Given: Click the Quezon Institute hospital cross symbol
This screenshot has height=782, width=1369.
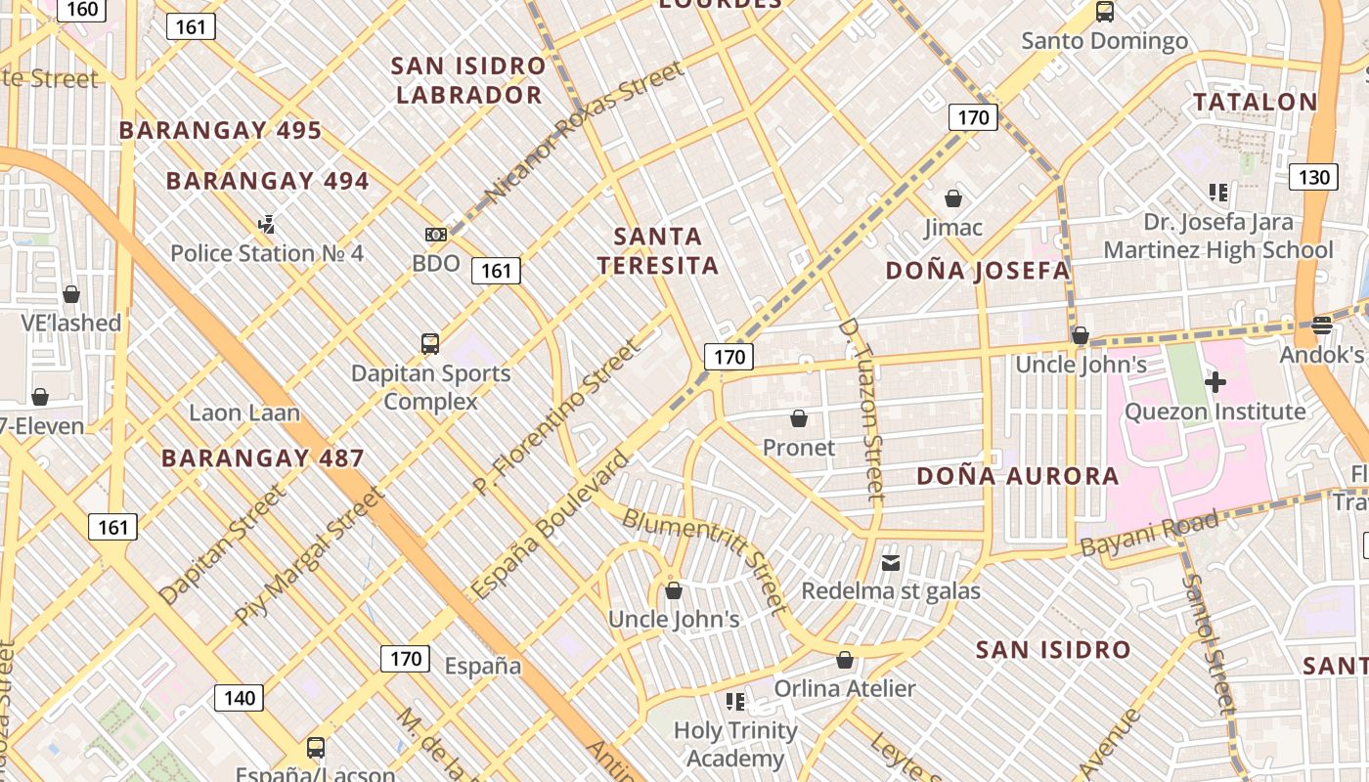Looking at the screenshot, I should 1215,382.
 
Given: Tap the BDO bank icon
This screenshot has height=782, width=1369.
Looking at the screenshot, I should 436,235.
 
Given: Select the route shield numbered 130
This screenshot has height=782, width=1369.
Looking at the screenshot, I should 1314,177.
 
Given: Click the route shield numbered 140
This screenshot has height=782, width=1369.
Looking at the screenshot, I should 239,698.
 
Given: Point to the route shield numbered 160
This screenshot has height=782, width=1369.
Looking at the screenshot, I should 82,10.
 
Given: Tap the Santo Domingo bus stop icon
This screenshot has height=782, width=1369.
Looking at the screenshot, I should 1105,12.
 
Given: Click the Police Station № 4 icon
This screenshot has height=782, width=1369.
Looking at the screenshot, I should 266,225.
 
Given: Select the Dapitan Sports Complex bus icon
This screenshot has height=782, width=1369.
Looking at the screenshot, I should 430,344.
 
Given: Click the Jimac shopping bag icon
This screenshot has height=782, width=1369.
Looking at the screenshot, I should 953,198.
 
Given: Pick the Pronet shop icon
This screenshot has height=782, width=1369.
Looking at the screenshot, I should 799,418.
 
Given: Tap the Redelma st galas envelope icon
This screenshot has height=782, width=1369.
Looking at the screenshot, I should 891,562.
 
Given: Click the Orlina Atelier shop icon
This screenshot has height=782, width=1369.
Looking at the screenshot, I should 845,660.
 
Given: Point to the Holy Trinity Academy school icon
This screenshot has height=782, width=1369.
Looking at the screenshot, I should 735,701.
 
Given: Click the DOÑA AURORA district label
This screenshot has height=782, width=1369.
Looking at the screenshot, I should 1017,476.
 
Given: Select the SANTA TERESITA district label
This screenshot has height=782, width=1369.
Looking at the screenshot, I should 658,250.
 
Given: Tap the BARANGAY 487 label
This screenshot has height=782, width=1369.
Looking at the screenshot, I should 262,457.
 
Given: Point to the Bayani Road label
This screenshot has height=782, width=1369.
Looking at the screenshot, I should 1150,535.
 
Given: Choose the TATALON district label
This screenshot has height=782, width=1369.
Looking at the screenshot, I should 1256,102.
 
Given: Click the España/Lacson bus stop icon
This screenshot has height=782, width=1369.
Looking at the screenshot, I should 316,748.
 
